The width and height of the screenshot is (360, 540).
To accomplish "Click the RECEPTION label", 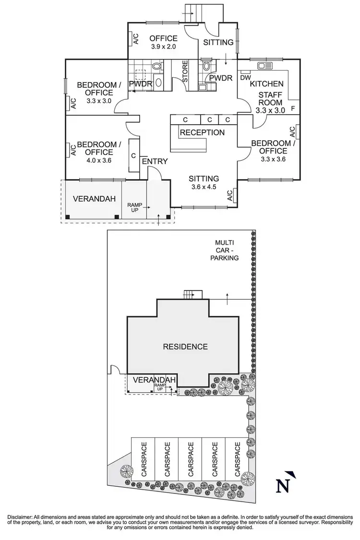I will [x=202, y=132].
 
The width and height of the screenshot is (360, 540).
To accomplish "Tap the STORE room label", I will [x=184, y=71].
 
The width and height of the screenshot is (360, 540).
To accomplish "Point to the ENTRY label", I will [x=155, y=161].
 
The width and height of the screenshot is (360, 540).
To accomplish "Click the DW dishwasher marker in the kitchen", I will [x=245, y=78].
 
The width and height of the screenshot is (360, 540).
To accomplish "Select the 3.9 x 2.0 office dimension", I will [x=163, y=47].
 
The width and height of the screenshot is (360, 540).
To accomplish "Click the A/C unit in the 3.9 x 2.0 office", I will [x=135, y=39].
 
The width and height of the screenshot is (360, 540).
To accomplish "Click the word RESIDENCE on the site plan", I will [x=185, y=347].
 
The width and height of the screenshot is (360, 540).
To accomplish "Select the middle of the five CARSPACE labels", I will [x=190, y=461].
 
